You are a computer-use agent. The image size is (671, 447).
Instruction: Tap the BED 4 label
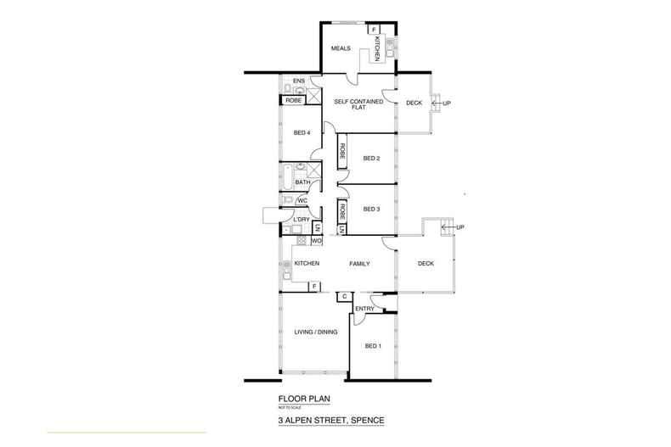pos(300,132)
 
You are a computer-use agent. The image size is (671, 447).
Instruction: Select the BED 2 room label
pos(370,158)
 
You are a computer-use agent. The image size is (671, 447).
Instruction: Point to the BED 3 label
pos(370,209)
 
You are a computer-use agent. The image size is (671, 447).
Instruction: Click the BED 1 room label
pos(372,345)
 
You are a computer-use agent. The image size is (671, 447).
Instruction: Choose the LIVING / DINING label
pos(316,332)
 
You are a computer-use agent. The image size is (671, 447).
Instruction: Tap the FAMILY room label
pos(360,264)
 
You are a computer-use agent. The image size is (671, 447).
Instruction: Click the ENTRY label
pos(364,309)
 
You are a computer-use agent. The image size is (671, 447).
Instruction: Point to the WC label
pos(302,201)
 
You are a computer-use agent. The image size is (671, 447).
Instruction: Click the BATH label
pos(302,182)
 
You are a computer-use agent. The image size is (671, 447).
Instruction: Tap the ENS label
pos(298,81)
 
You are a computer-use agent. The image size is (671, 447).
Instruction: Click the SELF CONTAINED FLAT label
pos(358,105)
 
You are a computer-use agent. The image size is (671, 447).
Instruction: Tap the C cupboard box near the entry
pos(344,296)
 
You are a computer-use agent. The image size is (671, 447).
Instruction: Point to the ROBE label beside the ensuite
pos(293,100)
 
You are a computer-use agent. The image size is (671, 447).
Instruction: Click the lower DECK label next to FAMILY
pos(426,264)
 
